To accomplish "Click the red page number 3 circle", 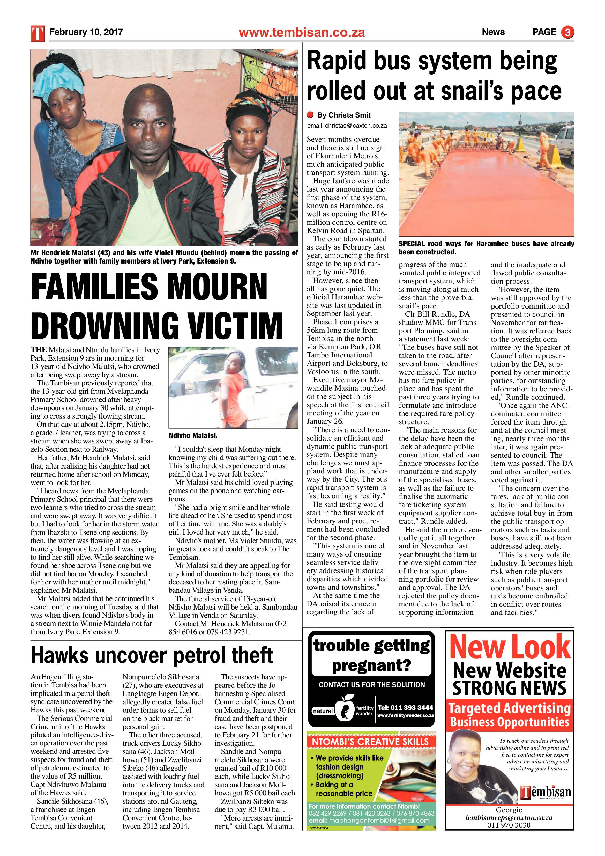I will [567, 32].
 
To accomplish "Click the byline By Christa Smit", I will [343, 115].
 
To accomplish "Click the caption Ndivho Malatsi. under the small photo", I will [193, 435].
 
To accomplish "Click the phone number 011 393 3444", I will [405, 708].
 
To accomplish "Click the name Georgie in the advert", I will [509, 810].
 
